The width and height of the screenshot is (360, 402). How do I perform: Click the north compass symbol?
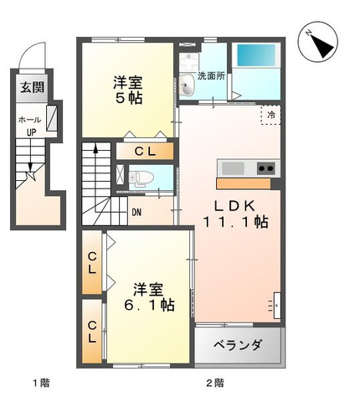coord(318,42)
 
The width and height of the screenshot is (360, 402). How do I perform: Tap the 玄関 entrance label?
coord(33,87)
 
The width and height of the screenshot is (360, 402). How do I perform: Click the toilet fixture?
coord(141,178)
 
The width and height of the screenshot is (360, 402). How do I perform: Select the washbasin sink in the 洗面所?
coord(187,85)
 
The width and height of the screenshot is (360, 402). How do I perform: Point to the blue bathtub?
coord(256,55)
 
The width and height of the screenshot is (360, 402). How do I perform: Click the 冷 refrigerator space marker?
coord(270,115)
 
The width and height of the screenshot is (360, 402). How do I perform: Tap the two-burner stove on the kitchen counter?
coord(265,168)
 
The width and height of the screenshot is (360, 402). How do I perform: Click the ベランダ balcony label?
coord(238,345)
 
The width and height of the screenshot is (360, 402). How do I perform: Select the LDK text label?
coord(234,206)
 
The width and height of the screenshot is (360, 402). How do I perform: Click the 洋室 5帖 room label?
coord(128,90)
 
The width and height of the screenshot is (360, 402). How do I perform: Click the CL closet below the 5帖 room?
coord(145,152)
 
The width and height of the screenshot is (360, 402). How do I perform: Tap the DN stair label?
coord(136,213)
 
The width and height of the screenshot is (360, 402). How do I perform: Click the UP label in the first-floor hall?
coord(32,132)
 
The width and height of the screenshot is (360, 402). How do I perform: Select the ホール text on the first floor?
coord(29,120)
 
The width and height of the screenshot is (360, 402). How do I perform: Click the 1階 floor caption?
coord(41,383)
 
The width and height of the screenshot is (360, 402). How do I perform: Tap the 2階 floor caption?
coord(215,383)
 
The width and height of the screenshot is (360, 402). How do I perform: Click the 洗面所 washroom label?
coord(211,75)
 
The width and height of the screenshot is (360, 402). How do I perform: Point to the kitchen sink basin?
coord(233,168)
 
